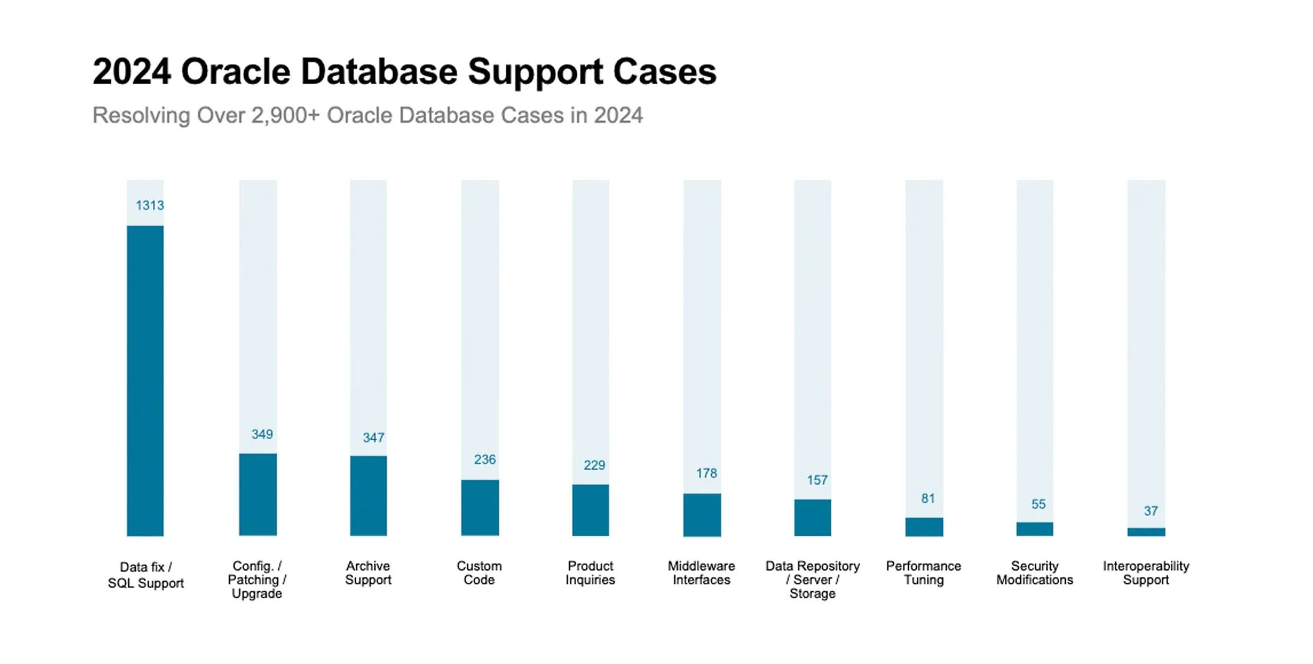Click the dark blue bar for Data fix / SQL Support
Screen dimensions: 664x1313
(145, 380)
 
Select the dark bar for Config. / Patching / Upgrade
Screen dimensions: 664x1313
(258, 494)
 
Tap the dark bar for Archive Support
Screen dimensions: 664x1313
(368, 495)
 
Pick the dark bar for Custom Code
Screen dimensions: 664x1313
(480, 507)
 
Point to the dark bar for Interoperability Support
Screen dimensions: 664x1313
(1146, 532)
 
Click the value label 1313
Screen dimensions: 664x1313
(149, 205)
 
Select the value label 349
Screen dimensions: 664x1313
(262, 434)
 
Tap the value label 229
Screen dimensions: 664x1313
(594, 465)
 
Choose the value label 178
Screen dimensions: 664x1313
(706, 473)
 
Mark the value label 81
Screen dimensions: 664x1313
(928, 498)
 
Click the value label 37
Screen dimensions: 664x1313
(1150, 511)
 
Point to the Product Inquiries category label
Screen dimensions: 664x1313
(590, 573)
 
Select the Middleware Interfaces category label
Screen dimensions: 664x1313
(701, 573)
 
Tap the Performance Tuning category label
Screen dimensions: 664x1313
(924, 573)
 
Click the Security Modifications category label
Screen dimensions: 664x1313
(1035, 573)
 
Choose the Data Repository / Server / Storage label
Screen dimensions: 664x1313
(812, 579)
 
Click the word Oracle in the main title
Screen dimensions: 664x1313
(235, 72)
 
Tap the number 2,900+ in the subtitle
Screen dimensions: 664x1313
(285, 115)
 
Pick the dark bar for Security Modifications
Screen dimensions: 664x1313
(1035, 529)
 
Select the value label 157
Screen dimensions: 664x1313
(817, 480)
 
